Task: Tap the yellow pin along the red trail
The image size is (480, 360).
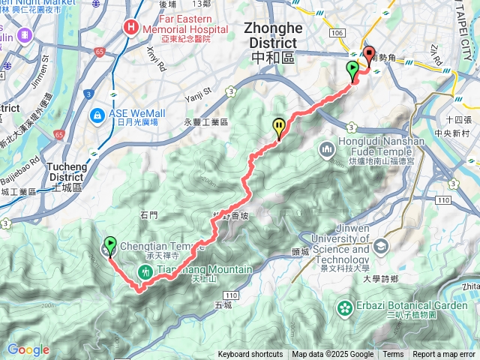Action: pyautogui.click(x=280, y=127)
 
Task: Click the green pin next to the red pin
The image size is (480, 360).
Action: pyautogui.click(x=352, y=72)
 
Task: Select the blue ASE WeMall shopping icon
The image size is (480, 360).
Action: pyautogui.click(x=97, y=115)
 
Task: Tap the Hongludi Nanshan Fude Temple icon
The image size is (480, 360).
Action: pyautogui.click(x=327, y=150)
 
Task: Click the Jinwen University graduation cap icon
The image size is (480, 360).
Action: pyautogui.click(x=381, y=245)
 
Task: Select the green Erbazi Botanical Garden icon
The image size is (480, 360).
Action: pyautogui.click(x=345, y=307)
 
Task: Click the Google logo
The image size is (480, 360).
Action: pyautogui.click(x=28, y=349)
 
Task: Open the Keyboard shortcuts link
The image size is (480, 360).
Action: pyautogui.click(x=250, y=355)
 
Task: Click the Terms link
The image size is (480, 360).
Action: pyautogui.click(x=393, y=355)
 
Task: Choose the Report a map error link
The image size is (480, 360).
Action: pyautogui.click(x=444, y=355)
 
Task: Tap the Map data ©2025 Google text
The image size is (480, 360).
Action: pyautogui.click(x=333, y=355)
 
